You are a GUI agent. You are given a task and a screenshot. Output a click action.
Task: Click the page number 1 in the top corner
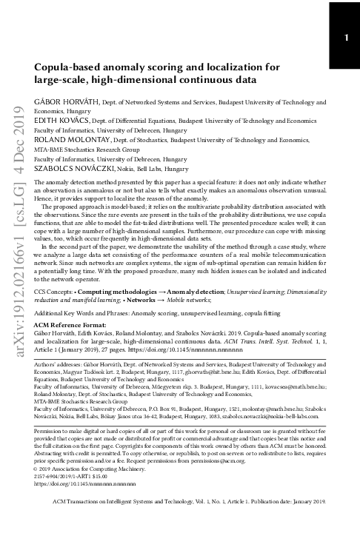click(x=346, y=38)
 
